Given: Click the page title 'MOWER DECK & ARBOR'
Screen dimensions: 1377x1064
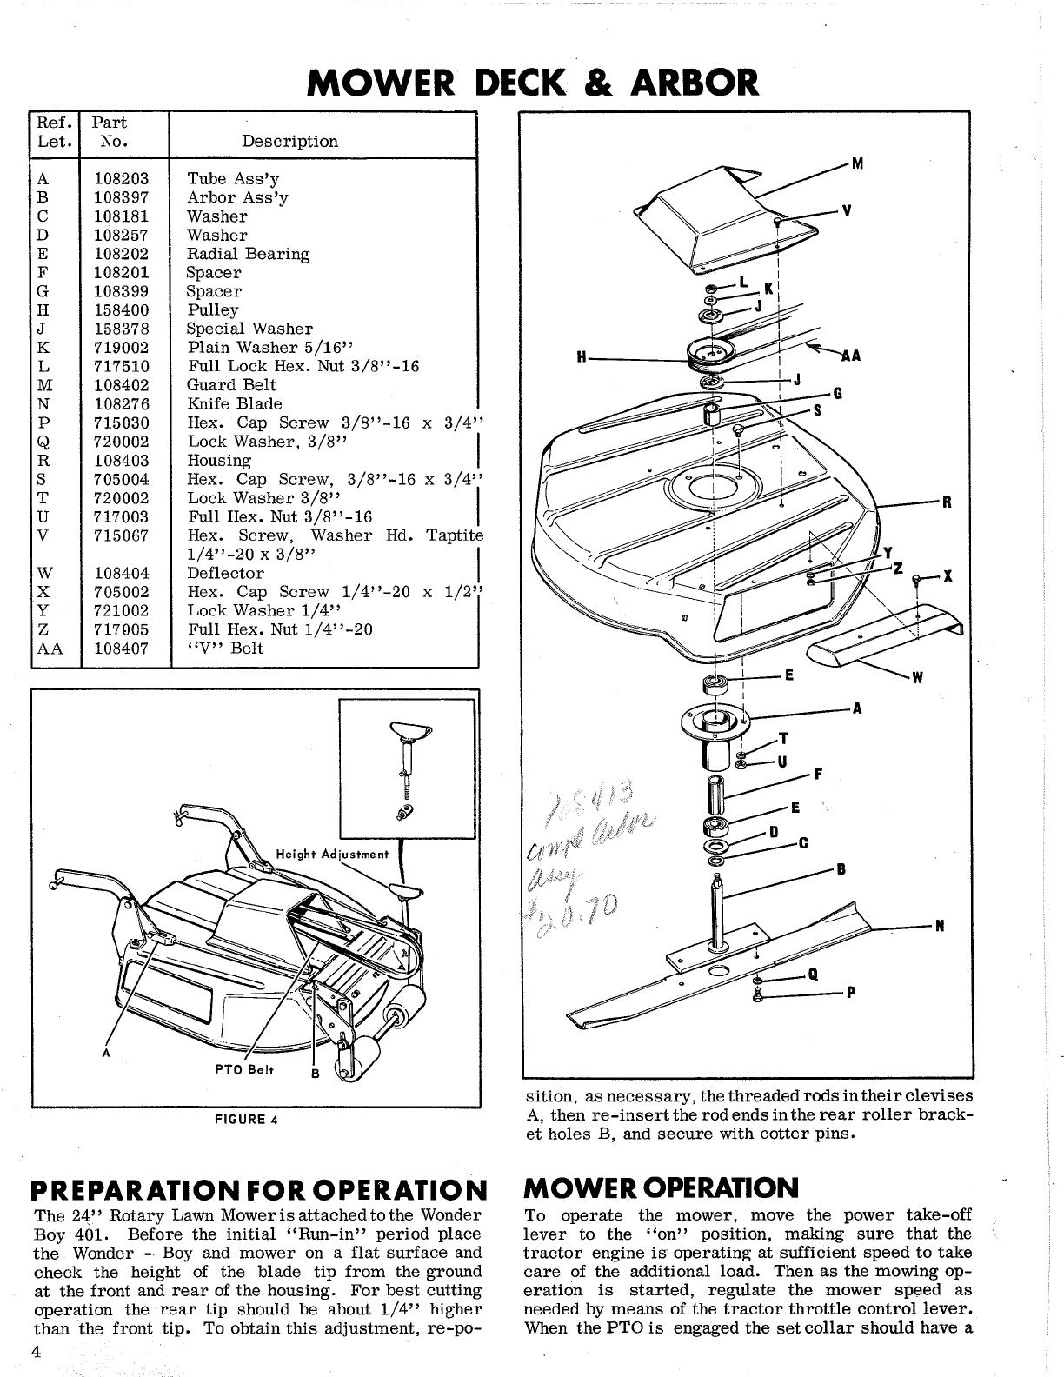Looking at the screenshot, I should [533, 82].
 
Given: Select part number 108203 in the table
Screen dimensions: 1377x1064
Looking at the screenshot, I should [121, 179].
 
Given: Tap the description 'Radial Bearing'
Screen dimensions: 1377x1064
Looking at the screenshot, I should [248, 254].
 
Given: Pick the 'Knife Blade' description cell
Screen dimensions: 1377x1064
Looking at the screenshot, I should [235, 404].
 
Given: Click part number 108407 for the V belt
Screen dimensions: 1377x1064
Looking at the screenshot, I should [121, 649].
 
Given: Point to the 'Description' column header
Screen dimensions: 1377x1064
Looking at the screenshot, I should [289, 141].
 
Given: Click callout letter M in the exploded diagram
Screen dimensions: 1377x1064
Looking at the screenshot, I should [857, 163].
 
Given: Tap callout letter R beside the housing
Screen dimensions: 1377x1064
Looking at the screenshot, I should [948, 502].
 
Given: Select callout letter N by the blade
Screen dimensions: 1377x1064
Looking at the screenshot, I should [940, 926].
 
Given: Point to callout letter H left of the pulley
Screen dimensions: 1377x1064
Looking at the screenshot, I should [580, 356].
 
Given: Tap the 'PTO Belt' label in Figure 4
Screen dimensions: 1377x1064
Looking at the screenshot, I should [244, 1070].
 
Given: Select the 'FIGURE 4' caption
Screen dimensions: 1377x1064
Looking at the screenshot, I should [246, 1118].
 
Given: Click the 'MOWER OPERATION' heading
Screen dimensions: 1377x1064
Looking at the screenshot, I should [662, 1187].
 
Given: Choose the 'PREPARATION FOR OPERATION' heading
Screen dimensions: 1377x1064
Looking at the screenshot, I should [257, 1188].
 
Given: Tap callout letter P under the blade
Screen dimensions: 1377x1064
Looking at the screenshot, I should [851, 995].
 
